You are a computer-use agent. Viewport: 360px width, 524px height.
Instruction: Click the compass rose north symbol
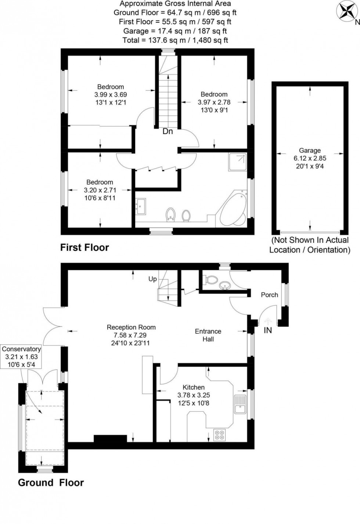346,11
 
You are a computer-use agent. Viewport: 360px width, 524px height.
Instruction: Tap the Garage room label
310,151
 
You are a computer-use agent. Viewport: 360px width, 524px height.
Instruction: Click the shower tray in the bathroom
237,162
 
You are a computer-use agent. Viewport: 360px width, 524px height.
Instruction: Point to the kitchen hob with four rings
220,435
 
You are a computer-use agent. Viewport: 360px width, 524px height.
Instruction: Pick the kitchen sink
240,404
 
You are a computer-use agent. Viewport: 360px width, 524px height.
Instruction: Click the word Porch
269,295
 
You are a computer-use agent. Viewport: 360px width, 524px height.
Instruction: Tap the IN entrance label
268,330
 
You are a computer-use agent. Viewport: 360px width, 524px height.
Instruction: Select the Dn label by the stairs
168,131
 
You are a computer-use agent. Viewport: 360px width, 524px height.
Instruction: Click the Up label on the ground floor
152,279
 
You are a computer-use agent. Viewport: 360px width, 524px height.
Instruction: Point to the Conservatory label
21,349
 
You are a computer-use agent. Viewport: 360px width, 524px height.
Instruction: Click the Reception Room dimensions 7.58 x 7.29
131,335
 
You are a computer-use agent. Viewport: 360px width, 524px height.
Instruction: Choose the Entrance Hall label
208,335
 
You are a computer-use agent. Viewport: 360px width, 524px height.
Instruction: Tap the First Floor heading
84,247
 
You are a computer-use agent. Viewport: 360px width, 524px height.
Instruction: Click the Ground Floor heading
51,483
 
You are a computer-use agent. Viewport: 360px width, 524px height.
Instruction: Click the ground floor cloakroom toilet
211,280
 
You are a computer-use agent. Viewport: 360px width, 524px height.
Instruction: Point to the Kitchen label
194,387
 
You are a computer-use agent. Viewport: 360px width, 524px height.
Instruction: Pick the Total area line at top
175,40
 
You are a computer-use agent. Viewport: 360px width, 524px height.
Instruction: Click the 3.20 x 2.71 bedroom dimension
100,190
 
